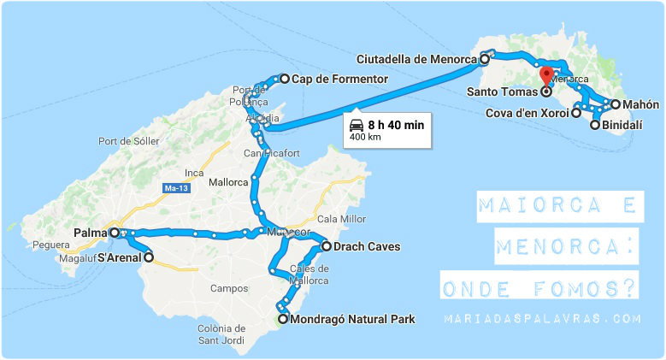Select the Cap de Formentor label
[x=339, y=80]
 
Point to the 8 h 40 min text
[x=396, y=125]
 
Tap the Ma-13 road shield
[x=175, y=187]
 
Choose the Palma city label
[x=89, y=233]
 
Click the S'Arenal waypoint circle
[x=149, y=257]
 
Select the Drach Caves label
[x=368, y=247]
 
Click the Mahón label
[x=640, y=104]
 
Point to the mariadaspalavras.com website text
[x=541, y=318]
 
